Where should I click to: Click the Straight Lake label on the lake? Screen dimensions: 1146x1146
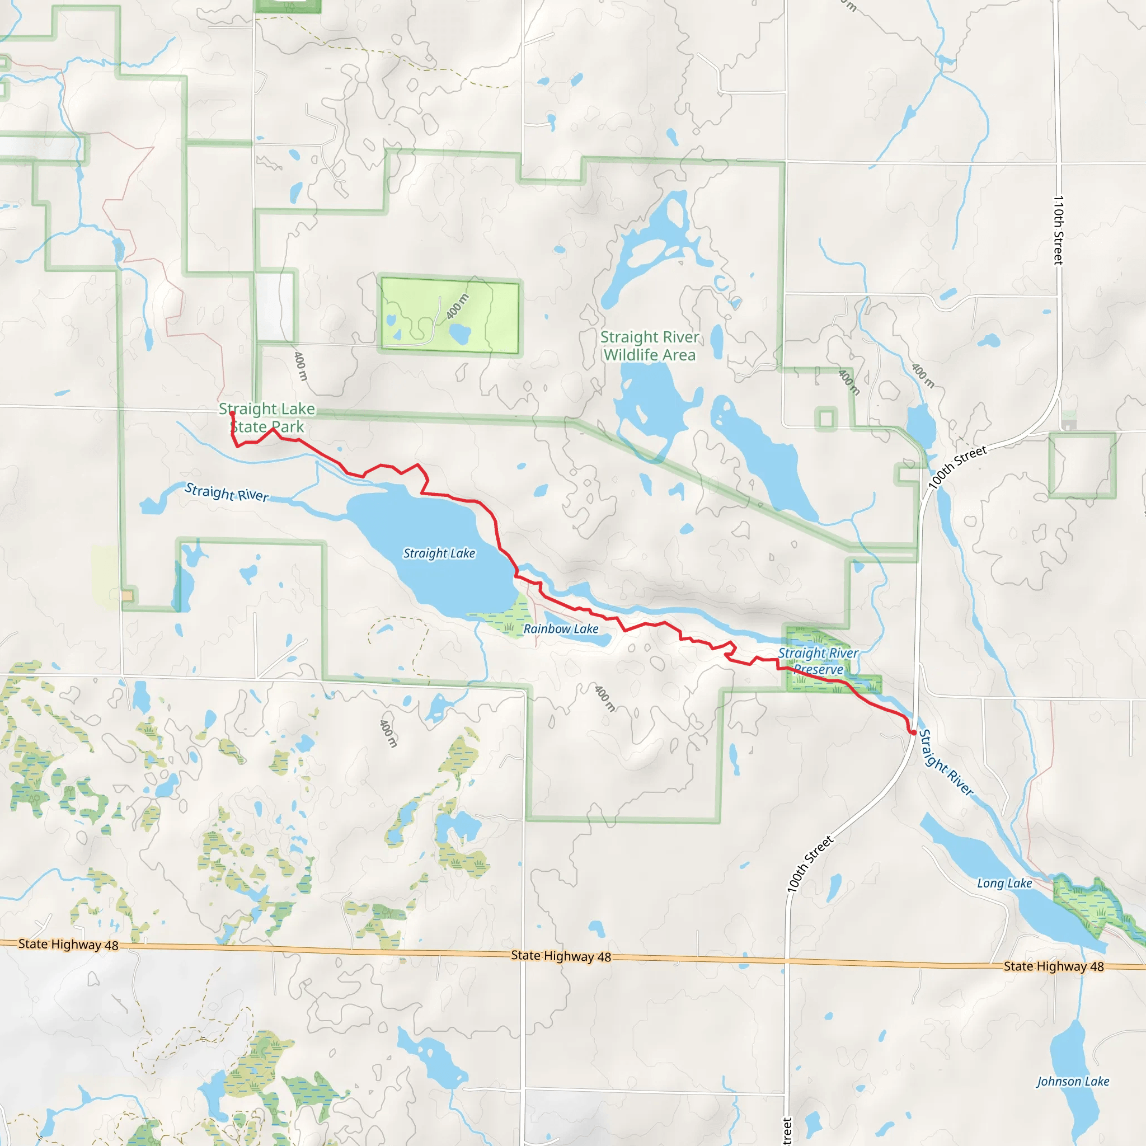(x=439, y=553)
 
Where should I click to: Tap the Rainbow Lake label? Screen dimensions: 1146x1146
(x=561, y=629)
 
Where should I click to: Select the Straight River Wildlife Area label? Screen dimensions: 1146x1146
(x=650, y=346)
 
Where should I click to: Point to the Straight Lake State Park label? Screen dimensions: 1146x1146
(x=267, y=417)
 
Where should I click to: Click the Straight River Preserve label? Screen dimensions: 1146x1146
(x=818, y=661)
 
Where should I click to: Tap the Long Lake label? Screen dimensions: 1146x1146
(x=1004, y=883)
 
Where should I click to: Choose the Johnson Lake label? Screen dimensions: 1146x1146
(x=1073, y=1081)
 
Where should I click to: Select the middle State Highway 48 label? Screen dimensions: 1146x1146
(x=561, y=956)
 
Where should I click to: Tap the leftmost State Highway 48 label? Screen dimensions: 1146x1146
(x=68, y=945)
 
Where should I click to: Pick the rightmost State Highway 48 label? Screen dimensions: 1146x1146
(x=1054, y=966)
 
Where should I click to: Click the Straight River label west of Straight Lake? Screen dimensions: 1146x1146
(x=227, y=492)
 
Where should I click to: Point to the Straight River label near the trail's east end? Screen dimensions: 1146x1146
(x=946, y=763)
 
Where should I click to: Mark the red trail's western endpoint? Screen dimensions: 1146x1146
(x=232, y=414)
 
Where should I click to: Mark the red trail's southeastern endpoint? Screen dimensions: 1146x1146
(x=913, y=734)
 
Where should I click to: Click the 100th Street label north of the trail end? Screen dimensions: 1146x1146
(x=957, y=467)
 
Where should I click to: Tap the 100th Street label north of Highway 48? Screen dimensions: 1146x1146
(x=810, y=863)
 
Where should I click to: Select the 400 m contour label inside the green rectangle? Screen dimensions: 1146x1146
(x=457, y=307)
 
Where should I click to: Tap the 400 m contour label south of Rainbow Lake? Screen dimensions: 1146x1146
(x=605, y=698)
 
